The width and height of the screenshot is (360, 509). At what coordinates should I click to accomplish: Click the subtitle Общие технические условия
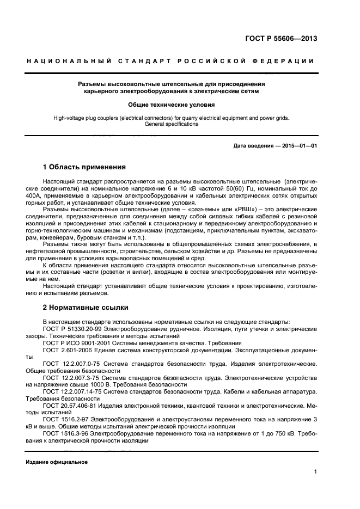(171, 104)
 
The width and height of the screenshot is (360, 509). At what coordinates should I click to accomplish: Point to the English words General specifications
(171, 124)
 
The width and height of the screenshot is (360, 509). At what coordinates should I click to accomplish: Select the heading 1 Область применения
(84, 167)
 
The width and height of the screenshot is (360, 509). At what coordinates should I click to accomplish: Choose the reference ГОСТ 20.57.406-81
(68, 406)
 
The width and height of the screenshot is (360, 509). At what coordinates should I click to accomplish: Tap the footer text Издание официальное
(57, 462)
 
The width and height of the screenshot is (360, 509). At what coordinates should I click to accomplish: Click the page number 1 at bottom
(315, 472)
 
